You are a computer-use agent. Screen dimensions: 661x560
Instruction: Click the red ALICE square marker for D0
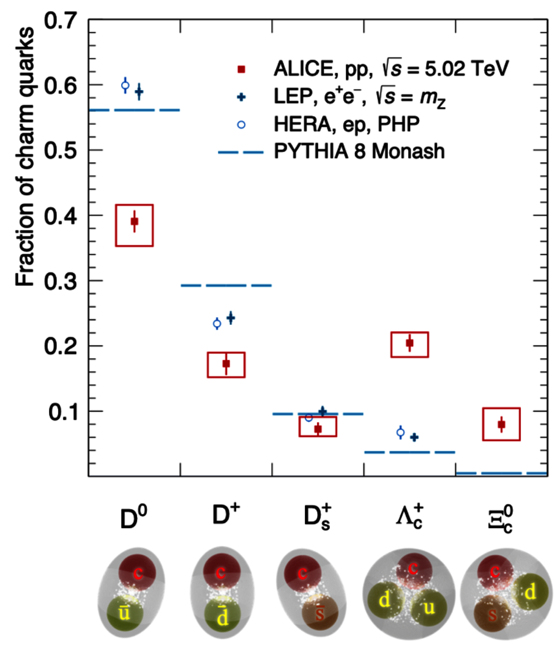135,222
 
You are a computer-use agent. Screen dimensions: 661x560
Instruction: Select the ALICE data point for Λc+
410,343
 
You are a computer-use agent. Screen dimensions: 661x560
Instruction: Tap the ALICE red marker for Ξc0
501,424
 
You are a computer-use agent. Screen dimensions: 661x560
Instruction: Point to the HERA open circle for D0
125,86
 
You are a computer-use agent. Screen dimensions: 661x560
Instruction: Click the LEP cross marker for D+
231,318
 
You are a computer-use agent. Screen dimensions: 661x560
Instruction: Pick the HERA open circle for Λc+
400,433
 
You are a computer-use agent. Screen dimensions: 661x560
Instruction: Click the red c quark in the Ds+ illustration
303,574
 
